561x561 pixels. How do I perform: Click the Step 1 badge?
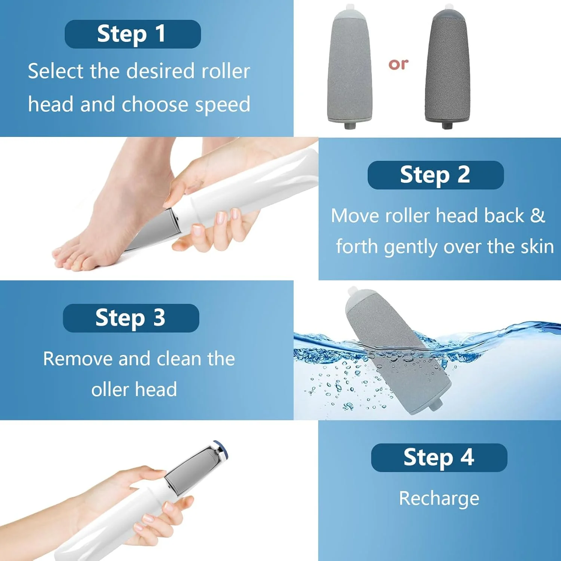pyautogui.click(x=133, y=34)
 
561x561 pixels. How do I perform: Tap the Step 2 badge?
pyautogui.click(x=436, y=175)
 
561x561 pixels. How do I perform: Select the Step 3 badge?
pyautogui.click(x=131, y=318)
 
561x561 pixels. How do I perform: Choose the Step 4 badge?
pyautogui.click(x=439, y=458)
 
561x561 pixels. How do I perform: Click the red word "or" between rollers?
pyautogui.click(x=398, y=64)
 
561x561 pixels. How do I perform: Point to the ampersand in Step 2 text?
pyautogui.click(x=537, y=215)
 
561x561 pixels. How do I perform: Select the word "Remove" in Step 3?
pyautogui.click(x=78, y=359)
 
